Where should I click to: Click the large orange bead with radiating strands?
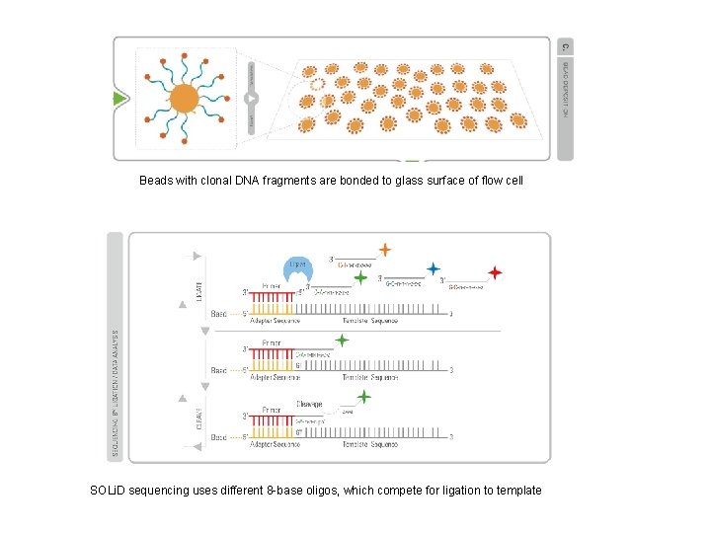click(184, 99)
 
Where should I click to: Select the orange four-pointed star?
click(384, 251)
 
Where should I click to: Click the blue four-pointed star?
click(434, 268)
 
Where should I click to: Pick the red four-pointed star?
click(495, 272)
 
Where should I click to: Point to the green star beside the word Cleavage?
click(364, 397)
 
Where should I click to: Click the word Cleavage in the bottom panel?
click(309, 405)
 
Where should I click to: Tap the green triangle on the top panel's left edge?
click(119, 99)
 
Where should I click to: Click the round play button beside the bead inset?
click(251, 99)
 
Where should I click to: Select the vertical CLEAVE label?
click(199, 418)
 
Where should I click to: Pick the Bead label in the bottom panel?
click(218, 437)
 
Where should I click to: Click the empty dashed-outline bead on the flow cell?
click(316, 85)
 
